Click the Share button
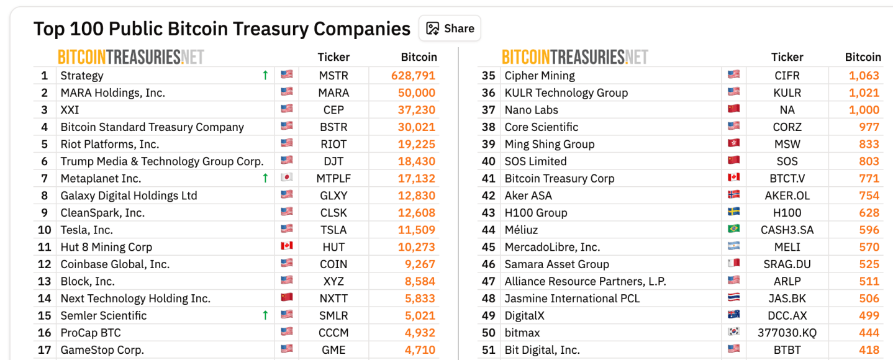(x=450, y=29)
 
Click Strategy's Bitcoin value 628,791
(x=413, y=76)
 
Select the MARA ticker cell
(x=333, y=93)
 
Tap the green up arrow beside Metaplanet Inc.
(x=265, y=179)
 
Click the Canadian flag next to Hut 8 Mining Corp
(x=286, y=246)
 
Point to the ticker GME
(x=333, y=350)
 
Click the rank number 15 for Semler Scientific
(x=44, y=316)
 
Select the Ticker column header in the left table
(x=333, y=57)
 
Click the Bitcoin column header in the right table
(x=863, y=57)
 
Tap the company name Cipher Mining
(x=540, y=76)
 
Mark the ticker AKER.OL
(x=787, y=196)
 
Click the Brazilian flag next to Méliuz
(x=733, y=230)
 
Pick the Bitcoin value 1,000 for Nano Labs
(x=864, y=110)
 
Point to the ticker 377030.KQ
(x=787, y=333)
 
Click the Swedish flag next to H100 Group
(x=733, y=212)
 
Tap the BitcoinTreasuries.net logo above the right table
(x=574, y=57)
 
